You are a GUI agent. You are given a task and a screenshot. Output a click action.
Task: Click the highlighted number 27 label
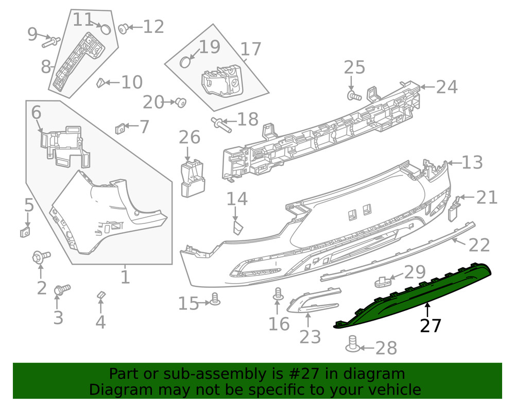431,326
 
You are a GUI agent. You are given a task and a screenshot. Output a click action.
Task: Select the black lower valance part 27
412,299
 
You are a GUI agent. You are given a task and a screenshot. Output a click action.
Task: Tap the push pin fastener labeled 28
353,344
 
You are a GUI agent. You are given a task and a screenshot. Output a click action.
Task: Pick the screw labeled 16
279,294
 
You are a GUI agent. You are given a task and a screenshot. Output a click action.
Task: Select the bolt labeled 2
41,256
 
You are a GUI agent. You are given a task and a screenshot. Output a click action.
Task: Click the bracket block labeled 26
192,178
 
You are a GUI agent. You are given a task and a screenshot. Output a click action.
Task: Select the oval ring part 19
186,62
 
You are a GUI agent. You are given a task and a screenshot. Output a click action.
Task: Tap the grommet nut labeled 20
180,102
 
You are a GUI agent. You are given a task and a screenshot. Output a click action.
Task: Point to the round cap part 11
105,29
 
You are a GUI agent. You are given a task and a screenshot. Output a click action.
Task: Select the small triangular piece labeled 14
238,227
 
